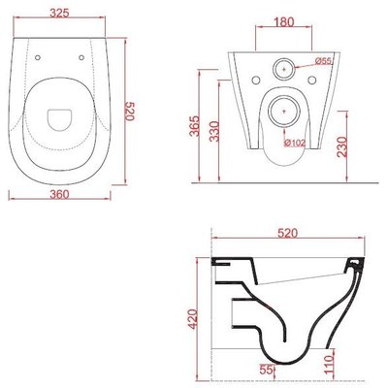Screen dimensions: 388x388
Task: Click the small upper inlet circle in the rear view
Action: click(x=285, y=70)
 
